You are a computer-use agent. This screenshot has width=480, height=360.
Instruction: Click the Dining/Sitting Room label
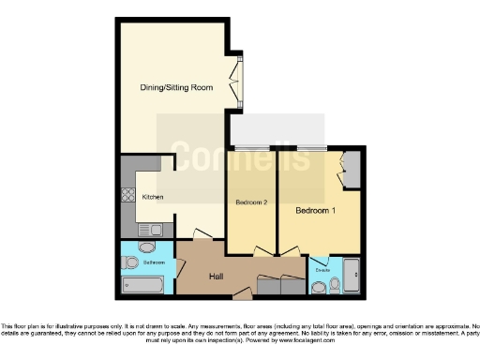click(175, 87)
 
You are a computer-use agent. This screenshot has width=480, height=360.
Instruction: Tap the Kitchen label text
click(153, 197)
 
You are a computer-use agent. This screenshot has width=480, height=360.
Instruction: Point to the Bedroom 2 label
click(252, 202)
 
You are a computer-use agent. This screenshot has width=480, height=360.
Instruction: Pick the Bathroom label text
click(154, 263)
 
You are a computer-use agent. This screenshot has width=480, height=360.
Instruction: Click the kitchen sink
click(150, 229)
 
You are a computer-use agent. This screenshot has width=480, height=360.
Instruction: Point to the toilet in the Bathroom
click(143, 247)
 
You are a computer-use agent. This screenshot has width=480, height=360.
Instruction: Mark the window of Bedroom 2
click(249, 147)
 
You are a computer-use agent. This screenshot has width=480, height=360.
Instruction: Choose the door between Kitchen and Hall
click(200, 233)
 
